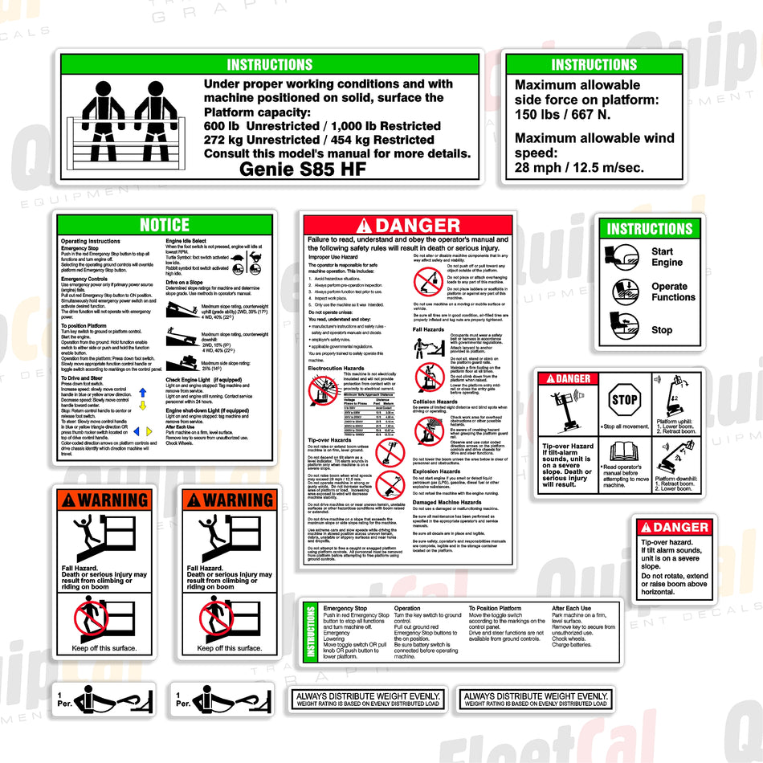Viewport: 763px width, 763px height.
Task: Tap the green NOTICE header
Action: pyautogui.click(x=165, y=225)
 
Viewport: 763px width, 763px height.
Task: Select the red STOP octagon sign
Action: pyautogui.click(x=624, y=400)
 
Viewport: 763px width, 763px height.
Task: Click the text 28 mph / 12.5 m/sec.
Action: pyautogui.click(x=579, y=167)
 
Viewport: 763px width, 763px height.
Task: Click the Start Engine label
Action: pyautogui.click(x=667, y=257)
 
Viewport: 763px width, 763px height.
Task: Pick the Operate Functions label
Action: pyautogui.click(x=673, y=292)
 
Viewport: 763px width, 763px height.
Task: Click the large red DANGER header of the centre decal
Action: pyautogui.click(x=408, y=226)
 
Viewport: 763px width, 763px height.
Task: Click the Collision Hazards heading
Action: pyautogui.click(x=435, y=402)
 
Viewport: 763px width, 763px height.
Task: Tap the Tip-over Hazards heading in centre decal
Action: pyautogui.click(x=330, y=440)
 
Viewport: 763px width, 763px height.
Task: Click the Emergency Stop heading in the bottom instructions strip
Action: pyautogui.click(x=345, y=609)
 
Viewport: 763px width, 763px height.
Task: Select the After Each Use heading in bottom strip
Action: pyautogui.click(x=572, y=609)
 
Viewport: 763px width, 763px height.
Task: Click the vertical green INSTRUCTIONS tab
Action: pyautogui.click(x=311, y=632)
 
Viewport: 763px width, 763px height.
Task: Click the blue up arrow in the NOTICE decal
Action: pyautogui.click(x=142, y=393)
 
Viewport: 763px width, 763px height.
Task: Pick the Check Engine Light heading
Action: pyautogui.click(x=202, y=379)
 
